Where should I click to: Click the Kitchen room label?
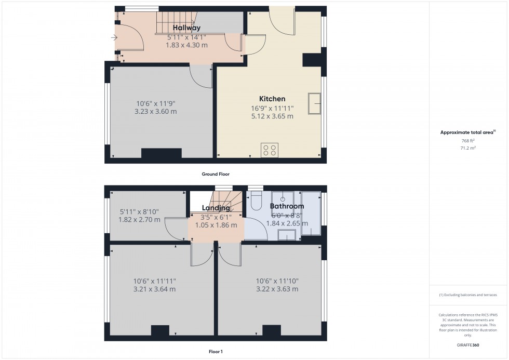[272, 99]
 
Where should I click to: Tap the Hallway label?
[186, 28]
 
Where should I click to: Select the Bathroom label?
[287, 206]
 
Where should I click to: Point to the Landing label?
[216, 208]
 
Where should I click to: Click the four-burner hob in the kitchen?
[270, 150]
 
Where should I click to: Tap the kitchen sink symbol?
[314, 103]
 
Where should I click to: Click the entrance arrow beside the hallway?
[114, 37]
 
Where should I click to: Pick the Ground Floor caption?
[216, 174]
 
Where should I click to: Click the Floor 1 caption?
[216, 352]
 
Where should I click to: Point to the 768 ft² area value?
[468, 141]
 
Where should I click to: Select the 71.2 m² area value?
[468, 148]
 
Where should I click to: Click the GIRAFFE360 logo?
[468, 345]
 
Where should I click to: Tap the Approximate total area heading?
[468, 132]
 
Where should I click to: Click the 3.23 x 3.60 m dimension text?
[155, 111]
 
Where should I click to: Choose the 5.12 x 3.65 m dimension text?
[272, 116]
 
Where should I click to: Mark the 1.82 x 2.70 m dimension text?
[139, 220]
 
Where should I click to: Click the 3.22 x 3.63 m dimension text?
[277, 289]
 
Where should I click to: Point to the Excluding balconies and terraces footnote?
[468, 295]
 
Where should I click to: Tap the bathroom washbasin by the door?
[287, 235]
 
